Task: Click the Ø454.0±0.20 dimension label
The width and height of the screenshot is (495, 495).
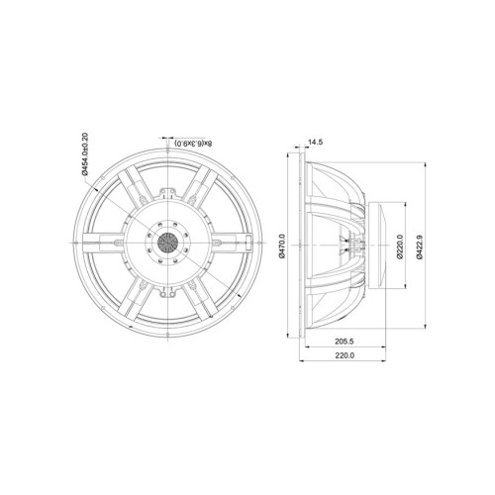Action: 85,153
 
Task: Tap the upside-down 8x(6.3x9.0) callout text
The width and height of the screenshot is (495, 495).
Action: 194,144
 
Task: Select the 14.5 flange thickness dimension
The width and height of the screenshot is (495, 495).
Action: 315,143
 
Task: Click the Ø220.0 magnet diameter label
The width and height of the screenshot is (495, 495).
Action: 400,247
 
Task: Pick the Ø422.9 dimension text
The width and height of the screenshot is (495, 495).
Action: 420,247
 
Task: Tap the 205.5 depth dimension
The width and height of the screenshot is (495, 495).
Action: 345,342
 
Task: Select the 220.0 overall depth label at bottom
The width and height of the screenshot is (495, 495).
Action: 345,355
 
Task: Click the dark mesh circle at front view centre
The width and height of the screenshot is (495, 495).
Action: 167,243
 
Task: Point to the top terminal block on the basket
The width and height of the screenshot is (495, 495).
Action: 167,193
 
